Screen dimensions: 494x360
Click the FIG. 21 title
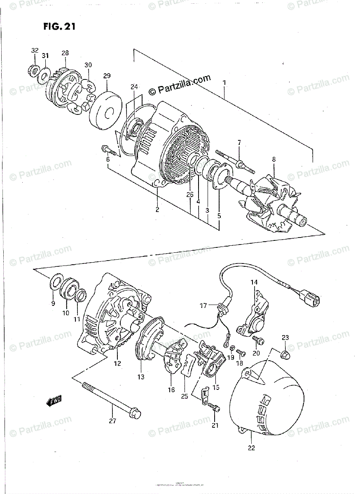pos(59,27)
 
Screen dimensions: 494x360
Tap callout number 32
pos(35,51)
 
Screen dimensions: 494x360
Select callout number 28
pos(65,53)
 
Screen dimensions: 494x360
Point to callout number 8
pos(274,159)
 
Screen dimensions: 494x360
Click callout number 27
pos(112,421)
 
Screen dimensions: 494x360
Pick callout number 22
pos(251,448)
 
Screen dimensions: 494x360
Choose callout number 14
pos(254,282)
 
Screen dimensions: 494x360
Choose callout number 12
pos(117,364)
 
